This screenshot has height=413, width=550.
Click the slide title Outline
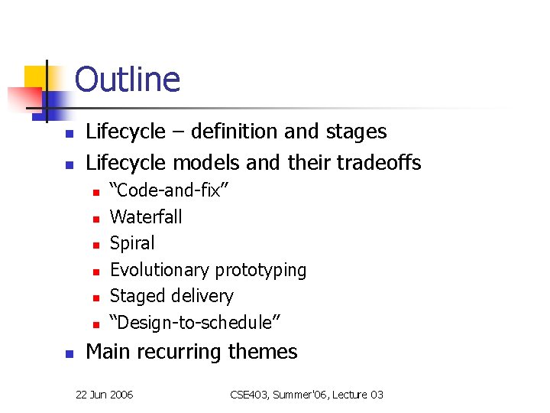click(x=127, y=80)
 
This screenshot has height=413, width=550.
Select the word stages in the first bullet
click(x=357, y=132)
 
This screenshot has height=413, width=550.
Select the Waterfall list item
click(x=146, y=217)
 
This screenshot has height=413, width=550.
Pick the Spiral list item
click(x=132, y=243)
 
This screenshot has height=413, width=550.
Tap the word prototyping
click(x=260, y=270)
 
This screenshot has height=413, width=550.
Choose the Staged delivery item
click(x=171, y=296)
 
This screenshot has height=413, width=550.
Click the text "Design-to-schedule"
click(x=195, y=323)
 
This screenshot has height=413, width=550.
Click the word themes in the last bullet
click(x=267, y=352)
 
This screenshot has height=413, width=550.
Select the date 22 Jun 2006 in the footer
click(x=104, y=395)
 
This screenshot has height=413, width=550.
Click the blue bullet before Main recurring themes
click(x=68, y=354)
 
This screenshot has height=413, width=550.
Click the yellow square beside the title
click(x=35, y=77)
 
